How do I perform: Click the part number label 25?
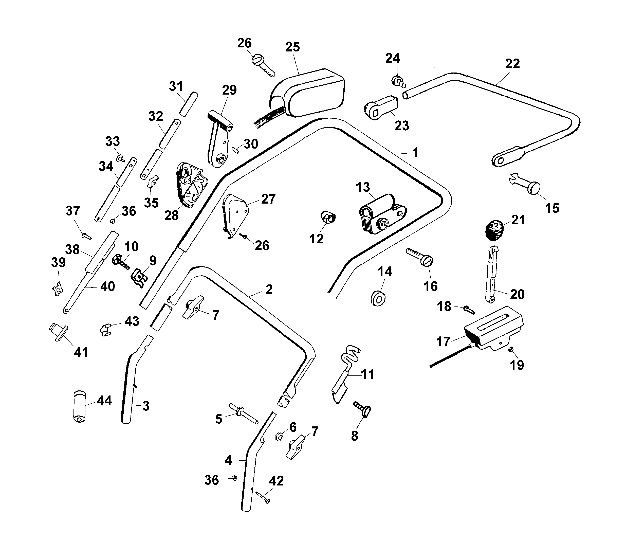pyautogui.click(x=292, y=47)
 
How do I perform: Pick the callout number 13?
pyautogui.click(x=363, y=187)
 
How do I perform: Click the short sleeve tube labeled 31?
pyautogui.click(x=189, y=104)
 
